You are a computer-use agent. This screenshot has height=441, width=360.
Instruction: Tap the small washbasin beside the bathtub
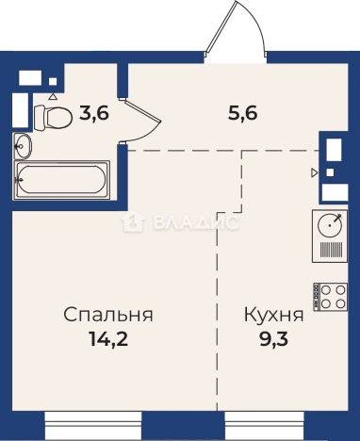pos(23,146)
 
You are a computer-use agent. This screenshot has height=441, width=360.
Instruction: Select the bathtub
pos(62,179)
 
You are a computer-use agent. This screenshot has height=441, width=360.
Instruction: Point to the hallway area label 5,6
pos(241,112)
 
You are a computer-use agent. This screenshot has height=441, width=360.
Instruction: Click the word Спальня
pos(109,315)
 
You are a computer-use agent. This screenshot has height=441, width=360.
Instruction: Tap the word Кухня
pos(273,315)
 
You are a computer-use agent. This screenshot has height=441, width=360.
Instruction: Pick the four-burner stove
pos(331,297)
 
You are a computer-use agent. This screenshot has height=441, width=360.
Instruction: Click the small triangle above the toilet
pos(53,96)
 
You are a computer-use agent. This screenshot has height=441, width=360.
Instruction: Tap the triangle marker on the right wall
pos(314,172)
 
